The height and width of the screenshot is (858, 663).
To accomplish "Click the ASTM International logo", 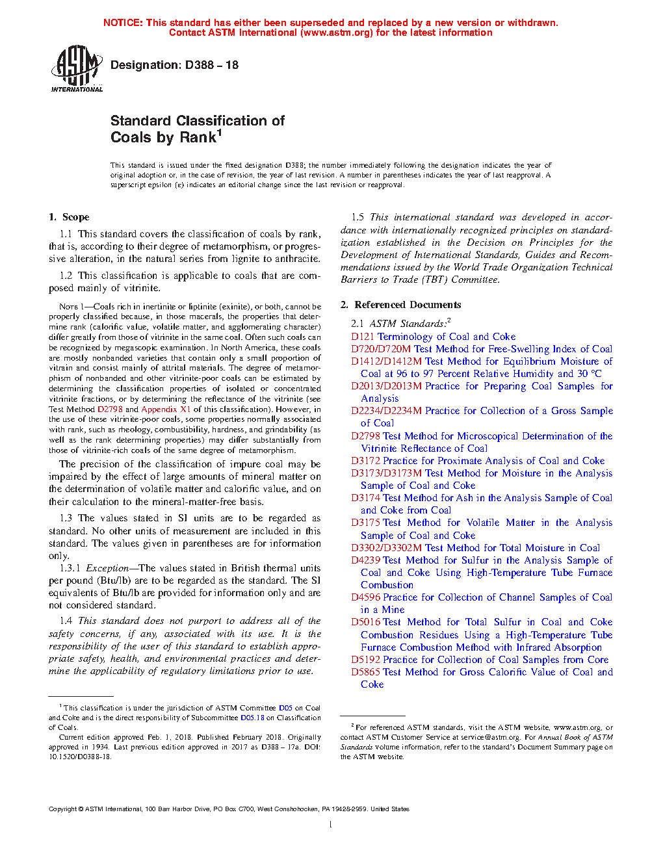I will point(76,68).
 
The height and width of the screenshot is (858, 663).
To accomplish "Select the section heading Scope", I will point(75,217).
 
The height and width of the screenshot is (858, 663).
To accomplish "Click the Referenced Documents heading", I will point(408,305).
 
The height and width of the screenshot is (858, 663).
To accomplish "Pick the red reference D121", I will point(363,337).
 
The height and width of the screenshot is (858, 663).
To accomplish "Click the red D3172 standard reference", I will point(365,461).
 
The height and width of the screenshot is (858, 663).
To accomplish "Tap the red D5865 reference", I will point(365,672).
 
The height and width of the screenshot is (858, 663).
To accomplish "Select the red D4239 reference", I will point(365,560).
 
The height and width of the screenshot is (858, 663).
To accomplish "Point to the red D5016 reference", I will point(365,622).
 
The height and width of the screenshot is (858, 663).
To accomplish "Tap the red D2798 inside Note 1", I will point(110,409).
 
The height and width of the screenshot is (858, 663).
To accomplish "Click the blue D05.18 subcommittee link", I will point(252,718).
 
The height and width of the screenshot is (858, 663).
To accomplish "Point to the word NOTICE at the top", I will point(122,23).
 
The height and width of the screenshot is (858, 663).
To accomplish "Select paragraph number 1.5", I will point(357,217).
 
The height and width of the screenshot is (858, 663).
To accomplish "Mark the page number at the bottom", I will point(331,825).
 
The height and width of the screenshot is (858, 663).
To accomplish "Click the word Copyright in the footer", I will point(62,809).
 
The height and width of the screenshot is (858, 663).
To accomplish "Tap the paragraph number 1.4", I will point(66,621).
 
